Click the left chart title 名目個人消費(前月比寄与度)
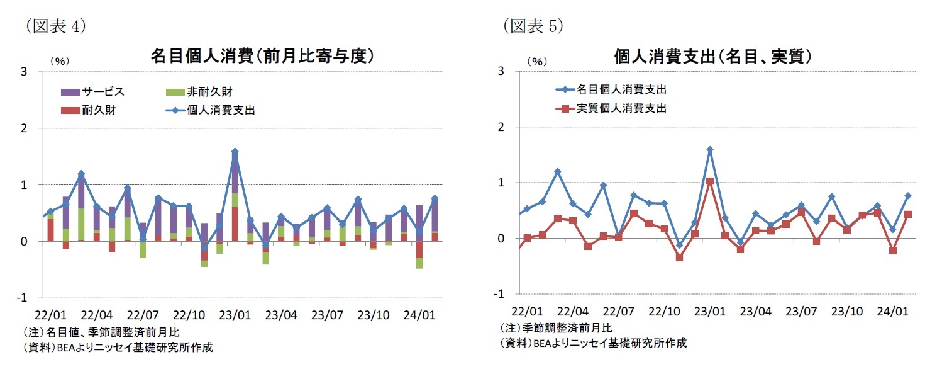[x=262, y=56]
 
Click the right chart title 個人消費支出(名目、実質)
[x=712, y=56]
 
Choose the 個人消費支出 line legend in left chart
[x=208, y=110]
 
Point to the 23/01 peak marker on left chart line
[x=235, y=152]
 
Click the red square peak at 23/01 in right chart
[x=709, y=181]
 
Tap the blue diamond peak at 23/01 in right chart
[x=709, y=150]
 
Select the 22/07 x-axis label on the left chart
[x=143, y=313]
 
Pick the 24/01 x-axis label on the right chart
[x=892, y=312]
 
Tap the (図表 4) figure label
[x=55, y=26]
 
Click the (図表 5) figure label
[x=532, y=26]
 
